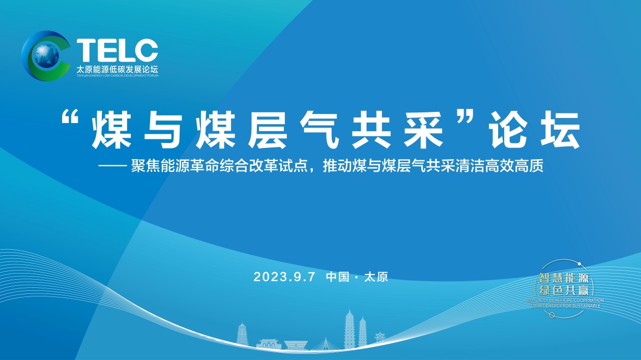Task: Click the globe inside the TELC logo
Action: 44,56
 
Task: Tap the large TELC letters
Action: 117,50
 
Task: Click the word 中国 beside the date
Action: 337,277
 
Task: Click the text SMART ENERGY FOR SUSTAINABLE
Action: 565,306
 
